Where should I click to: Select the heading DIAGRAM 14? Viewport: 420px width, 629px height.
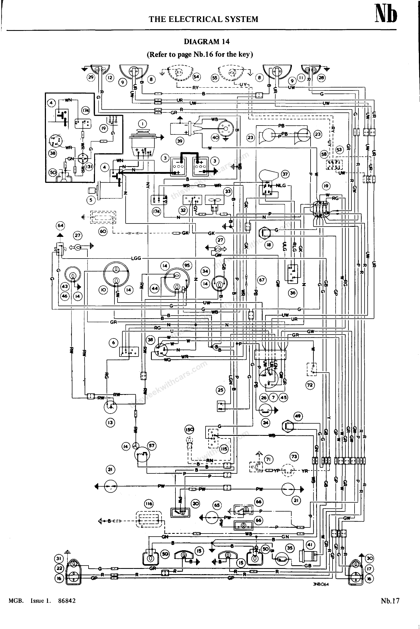207,41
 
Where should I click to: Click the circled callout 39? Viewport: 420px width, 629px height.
180,141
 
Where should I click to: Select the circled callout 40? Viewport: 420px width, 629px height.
216,137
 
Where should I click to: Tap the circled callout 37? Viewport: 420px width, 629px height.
285,175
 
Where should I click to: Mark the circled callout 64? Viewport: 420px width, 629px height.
60,225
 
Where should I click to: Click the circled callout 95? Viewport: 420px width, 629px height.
187,266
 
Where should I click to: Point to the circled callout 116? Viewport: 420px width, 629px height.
149,503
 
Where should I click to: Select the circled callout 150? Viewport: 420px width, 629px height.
189,429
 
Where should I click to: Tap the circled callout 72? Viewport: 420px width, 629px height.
310,385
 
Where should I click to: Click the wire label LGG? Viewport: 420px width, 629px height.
136,259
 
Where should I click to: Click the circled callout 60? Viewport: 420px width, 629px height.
103,232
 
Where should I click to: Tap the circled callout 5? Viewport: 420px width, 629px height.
91,200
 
